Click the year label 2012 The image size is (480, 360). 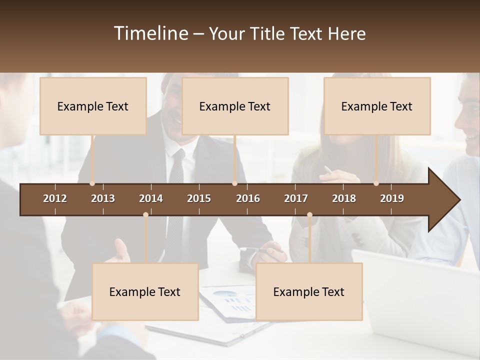pyautogui.click(x=55, y=198)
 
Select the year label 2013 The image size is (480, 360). pyautogui.click(x=103, y=198)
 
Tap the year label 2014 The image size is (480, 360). pyautogui.click(x=151, y=198)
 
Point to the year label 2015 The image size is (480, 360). pyautogui.click(x=199, y=198)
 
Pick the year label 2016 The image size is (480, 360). pyautogui.click(x=248, y=198)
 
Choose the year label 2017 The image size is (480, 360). pyautogui.click(x=296, y=198)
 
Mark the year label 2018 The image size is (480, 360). pyautogui.click(x=344, y=198)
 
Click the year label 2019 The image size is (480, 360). pyautogui.click(x=392, y=198)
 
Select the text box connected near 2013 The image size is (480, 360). pyautogui.click(x=93, y=106)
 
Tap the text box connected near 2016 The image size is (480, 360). pyautogui.click(x=235, y=106)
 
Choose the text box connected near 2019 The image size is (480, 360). pyautogui.click(x=377, y=106)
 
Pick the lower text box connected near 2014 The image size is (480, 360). pyautogui.click(x=145, y=291)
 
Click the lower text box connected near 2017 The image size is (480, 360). pyautogui.click(x=309, y=291)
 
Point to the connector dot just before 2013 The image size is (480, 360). pyautogui.click(x=92, y=183)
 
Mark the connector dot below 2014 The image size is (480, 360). pyautogui.click(x=145, y=215)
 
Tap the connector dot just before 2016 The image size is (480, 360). pyautogui.click(x=234, y=183)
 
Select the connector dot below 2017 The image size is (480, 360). pyautogui.click(x=309, y=215)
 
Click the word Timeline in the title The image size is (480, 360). pyautogui.click(x=150, y=33)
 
